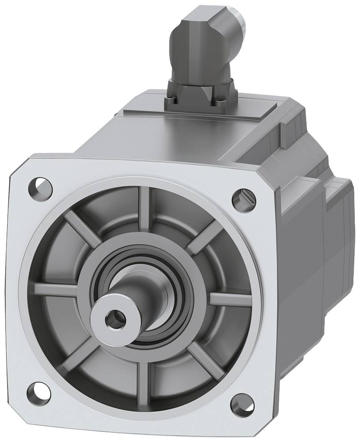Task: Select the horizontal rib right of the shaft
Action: (230, 300)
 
